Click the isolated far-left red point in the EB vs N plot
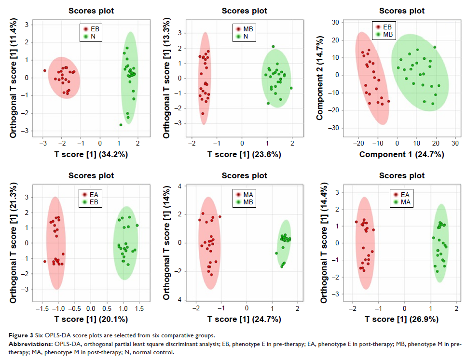tap(44, 70)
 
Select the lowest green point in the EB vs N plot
tap(121, 125)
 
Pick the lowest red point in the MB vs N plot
tap(203, 114)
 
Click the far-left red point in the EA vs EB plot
tap(45, 261)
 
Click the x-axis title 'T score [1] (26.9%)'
tap(401, 319)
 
